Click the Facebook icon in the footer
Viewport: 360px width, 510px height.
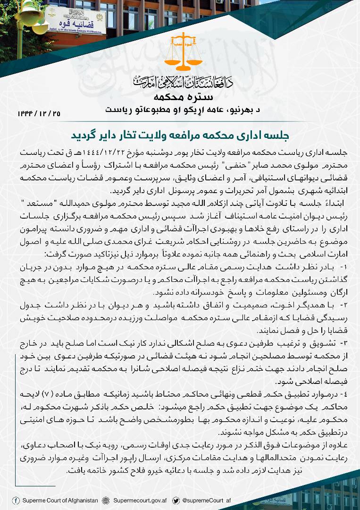[x=16, y=500]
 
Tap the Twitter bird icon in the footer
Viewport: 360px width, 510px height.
[x=176, y=500]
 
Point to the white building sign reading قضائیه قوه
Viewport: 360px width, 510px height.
[x=76, y=22]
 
